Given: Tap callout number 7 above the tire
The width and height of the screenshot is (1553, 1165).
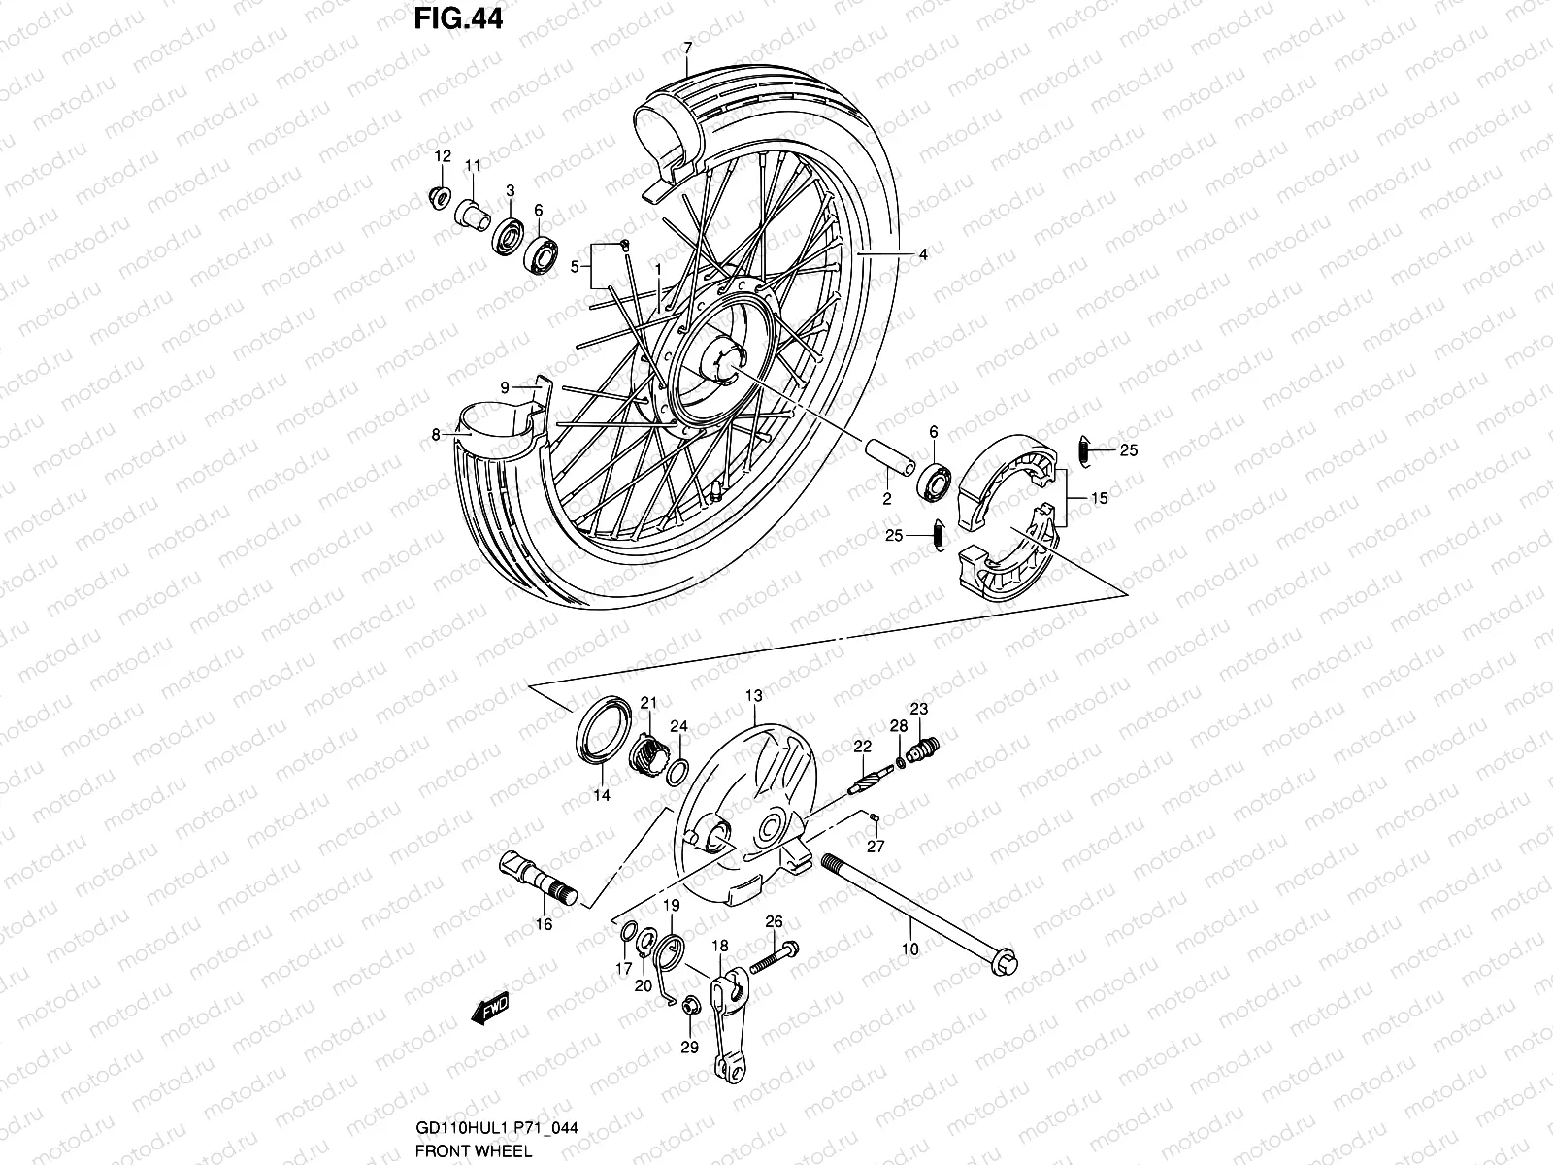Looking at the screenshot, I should click(x=687, y=48).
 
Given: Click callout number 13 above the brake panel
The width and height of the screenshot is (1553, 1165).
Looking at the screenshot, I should click(x=754, y=696).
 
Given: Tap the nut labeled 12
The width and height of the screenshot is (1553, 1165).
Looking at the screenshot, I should click(x=439, y=197).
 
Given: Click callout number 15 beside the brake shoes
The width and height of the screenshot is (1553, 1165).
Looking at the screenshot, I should click(x=1099, y=499).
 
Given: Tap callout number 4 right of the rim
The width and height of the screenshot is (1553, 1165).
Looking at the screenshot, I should click(x=923, y=255).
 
